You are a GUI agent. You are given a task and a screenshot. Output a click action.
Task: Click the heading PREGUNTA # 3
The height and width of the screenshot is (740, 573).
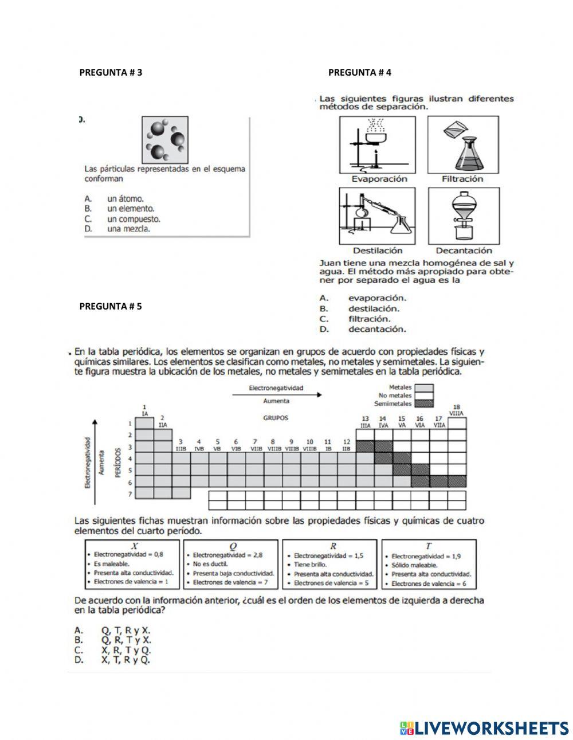pyautogui.click(x=111, y=72)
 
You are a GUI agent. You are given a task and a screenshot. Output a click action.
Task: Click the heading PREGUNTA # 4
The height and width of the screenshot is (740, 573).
pyautogui.click(x=360, y=72)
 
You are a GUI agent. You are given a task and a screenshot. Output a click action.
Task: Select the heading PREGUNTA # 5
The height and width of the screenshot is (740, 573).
pyautogui.click(x=111, y=306)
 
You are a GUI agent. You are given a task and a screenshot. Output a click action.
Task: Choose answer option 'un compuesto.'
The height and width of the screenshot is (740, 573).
pyautogui.click(x=133, y=219)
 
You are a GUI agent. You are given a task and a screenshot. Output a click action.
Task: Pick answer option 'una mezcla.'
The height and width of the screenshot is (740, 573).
pyautogui.click(x=128, y=229)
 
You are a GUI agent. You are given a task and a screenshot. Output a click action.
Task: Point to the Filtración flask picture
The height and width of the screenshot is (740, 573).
pyautogui.click(x=463, y=144)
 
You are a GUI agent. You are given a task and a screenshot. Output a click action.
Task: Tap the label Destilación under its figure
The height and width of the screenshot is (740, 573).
pyautogui.click(x=378, y=250)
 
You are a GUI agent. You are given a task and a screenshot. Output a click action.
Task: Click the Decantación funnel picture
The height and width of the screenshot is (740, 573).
pyautogui.click(x=463, y=216)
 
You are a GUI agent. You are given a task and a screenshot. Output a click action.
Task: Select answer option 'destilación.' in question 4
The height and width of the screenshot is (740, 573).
pyautogui.click(x=374, y=308)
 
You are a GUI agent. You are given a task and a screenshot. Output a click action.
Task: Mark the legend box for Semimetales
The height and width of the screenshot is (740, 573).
pyautogui.click(x=424, y=404)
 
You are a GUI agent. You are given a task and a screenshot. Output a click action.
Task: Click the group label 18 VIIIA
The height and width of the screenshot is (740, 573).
pyautogui.click(x=457, y=410)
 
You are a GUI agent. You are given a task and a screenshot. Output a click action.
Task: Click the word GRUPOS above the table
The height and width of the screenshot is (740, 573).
pyautogui.click(x=276, y=418)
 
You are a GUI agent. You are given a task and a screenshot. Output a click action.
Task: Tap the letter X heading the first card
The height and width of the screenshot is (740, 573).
pyautogui.click(x=134, y=546)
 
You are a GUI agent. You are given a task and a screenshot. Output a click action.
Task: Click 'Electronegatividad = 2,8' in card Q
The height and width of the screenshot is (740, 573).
pyautogui.click(x=227, y=555)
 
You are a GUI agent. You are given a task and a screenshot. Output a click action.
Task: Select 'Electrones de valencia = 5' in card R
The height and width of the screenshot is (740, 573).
pyautogui.click(x=331, y=583)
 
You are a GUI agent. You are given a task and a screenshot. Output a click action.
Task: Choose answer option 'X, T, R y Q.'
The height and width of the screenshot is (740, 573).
pyautogui.click(x=125, y=660)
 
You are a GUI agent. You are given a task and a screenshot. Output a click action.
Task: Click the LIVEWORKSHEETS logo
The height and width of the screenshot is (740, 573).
pyautogui.click(x=484, y=728)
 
